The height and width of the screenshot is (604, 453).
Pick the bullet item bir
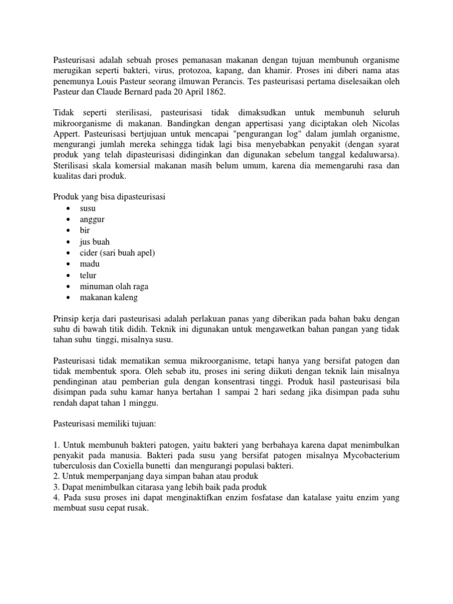pos(85,231)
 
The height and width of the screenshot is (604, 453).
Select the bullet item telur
pos(88,275)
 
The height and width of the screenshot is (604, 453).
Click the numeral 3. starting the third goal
pos(57,488)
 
